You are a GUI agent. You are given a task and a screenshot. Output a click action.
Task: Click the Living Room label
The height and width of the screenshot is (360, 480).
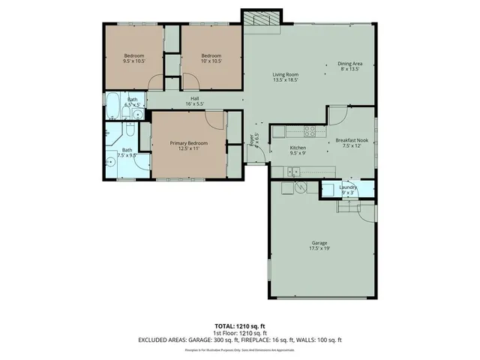click(x=285, y=74)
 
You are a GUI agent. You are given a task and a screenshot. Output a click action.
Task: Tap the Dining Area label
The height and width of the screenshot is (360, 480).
click(x=349, y=64)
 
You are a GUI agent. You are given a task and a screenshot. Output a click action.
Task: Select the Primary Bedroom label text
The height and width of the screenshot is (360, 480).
click(x=187, y=142)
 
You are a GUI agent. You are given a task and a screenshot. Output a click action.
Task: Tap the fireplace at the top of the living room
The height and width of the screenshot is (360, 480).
click(x=262, y=18)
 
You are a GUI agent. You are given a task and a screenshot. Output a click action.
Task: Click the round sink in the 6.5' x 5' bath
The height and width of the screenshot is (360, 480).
click(x=138, y=114)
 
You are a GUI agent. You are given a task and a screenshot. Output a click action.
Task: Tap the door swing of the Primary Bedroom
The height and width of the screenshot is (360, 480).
click(x=216, y=118)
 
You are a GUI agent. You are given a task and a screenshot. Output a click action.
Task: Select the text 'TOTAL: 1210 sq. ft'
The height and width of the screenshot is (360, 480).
click(x=239, y=325)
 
